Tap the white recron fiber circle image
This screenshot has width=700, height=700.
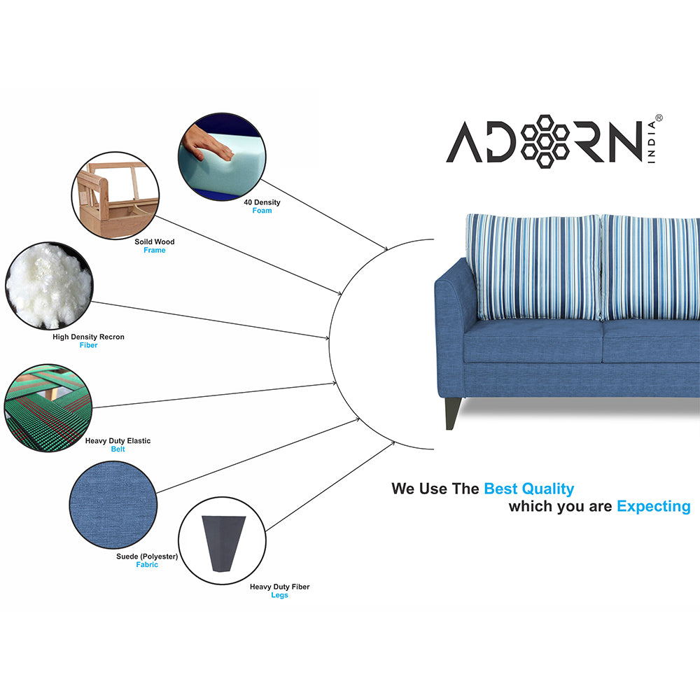pos(49,286)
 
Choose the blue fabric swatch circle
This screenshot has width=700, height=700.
pos(112,502)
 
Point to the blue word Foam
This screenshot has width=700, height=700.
pos(262,211)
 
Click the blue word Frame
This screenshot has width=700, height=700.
pos(155,251)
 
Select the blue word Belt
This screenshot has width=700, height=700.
pos(118,449)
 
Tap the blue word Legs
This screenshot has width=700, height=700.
pos(279,595)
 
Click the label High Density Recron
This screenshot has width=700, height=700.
pos(88,337)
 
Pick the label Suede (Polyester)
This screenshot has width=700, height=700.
pos(147,556)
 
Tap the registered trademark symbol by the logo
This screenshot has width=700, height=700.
pos(658,119)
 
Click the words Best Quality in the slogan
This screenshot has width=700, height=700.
pos(528,489)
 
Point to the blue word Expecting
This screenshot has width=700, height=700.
pos(653,506)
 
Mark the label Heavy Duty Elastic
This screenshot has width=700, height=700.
pos(118,441)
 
